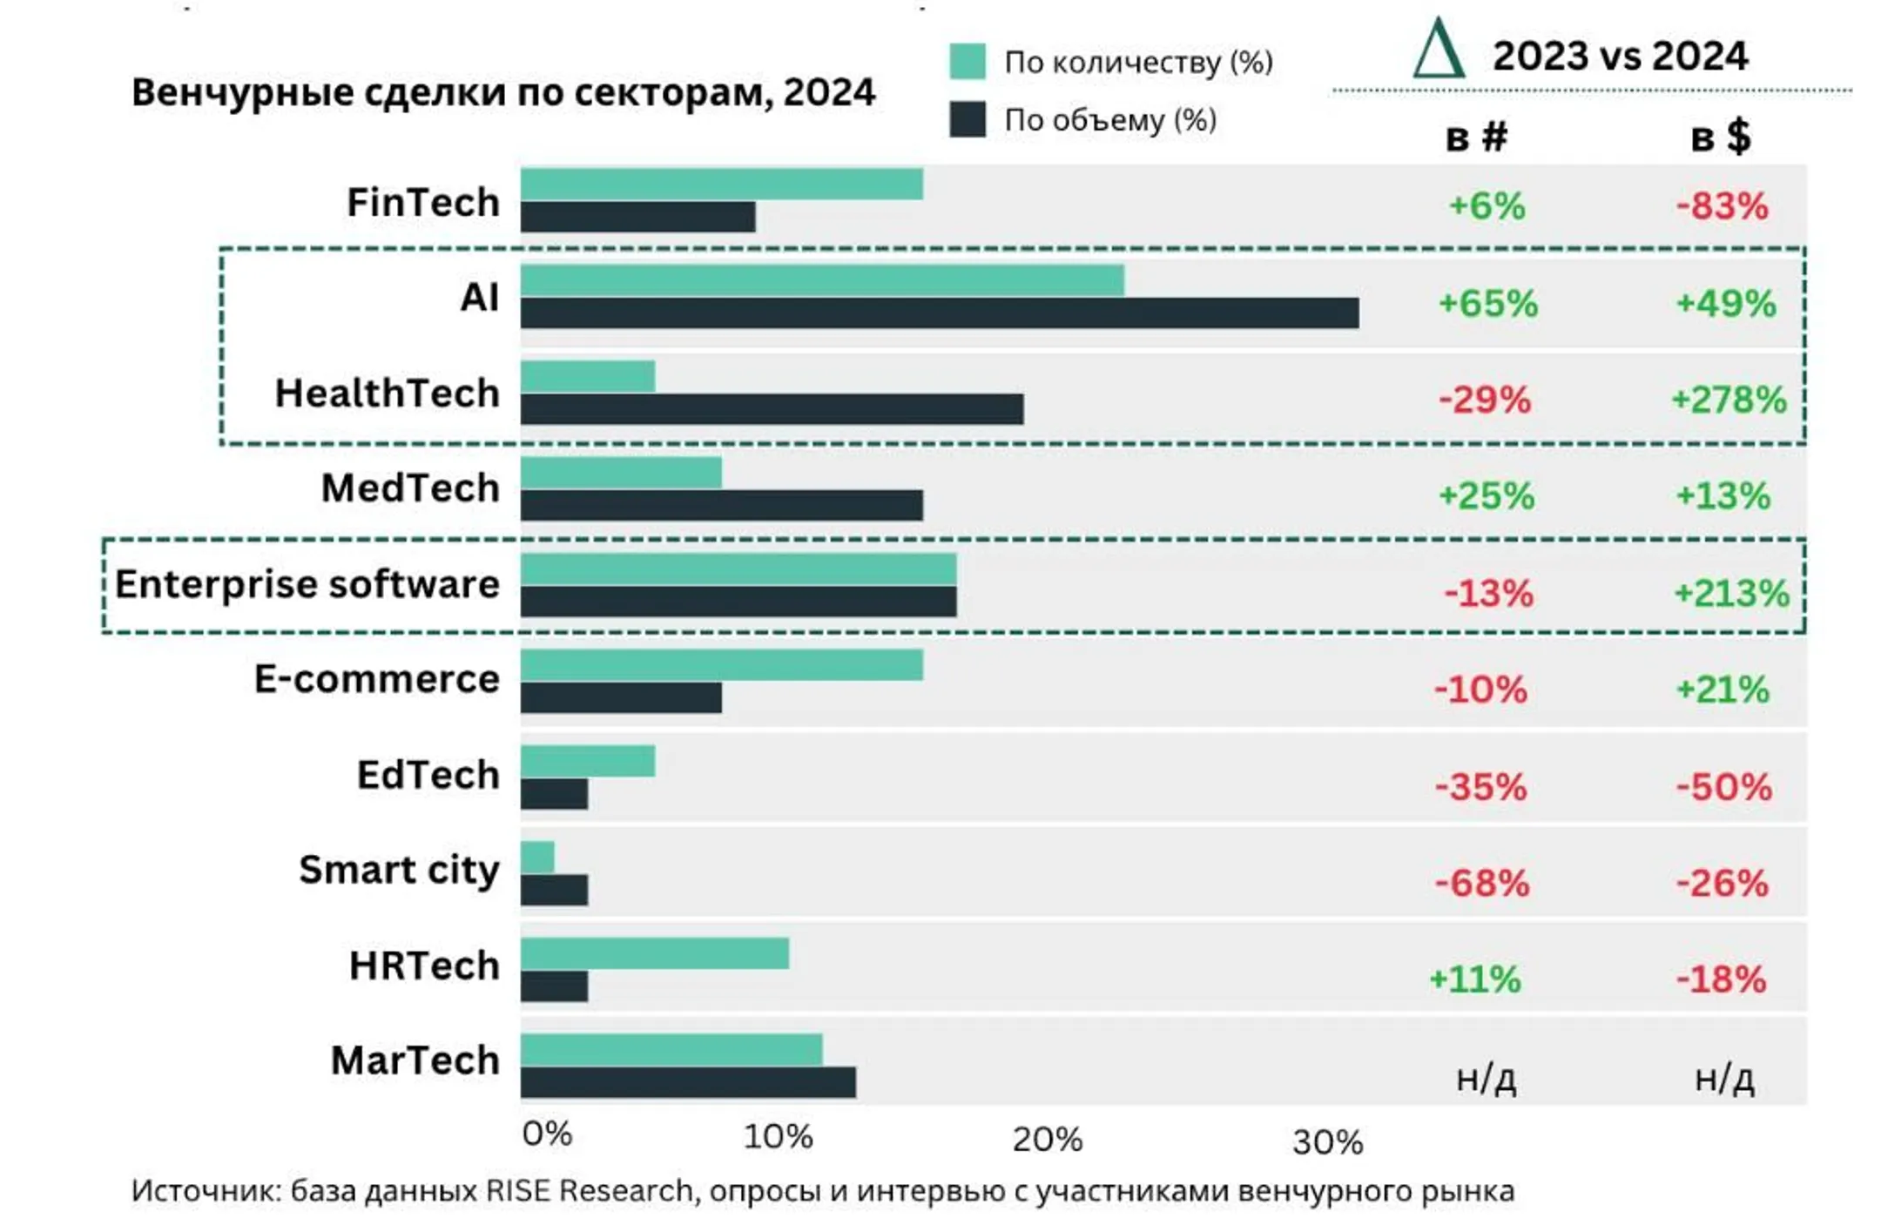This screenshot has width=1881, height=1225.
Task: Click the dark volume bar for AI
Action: (940, 313)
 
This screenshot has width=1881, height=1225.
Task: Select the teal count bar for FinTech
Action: (722, 185)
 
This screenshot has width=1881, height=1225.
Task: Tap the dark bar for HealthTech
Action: (772, 409)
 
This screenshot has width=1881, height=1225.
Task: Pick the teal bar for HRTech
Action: (655, 953)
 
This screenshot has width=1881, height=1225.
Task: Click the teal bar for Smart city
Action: (537, 858)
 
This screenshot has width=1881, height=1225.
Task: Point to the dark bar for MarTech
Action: (688, 1082)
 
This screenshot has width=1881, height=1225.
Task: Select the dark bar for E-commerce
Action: (621, 697)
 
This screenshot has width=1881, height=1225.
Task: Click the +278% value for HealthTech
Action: (1729, 400)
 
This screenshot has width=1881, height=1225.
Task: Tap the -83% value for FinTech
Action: (1723, 207)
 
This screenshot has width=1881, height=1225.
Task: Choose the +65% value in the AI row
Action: (1488, 304)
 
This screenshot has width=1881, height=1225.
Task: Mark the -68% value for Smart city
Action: (1482, 884)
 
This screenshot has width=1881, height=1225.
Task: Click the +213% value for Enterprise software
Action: (1731, 594)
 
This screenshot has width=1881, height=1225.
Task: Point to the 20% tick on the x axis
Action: (1048, 1140)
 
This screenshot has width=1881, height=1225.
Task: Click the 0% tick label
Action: (548, 1134)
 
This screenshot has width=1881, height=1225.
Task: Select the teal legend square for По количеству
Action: (967, 62)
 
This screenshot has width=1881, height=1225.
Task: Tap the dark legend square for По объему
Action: (967, 119)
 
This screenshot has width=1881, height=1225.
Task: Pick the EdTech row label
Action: (428, 775)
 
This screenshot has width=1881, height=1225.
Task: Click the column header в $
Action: (1721, 137)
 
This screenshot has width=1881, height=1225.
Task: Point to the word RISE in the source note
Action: (517, 1190)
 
